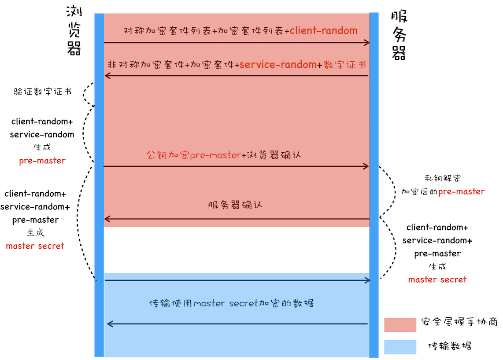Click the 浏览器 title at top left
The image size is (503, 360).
(x=74, y=31)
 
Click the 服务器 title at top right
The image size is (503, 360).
(x=399, y=35)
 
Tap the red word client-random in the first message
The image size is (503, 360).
(x=323, y=30)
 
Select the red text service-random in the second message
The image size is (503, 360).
(x=278, y=64)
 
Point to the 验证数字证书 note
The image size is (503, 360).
(x=42, y=92)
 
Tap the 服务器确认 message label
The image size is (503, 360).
(x=235, y=205)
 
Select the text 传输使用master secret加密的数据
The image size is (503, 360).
(x=231, y=303)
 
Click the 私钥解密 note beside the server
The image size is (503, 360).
(x=443, y=178)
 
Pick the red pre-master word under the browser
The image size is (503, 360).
(x=42, y=161)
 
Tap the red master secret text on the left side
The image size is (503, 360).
(x=35, y=246)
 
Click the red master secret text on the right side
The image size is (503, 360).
(x=437, y=279)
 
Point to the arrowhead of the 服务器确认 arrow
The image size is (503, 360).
(x=106, y=219)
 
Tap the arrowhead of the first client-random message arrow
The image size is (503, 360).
(x=367, y=43)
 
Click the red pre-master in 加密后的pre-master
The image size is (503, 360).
(x=461, y=191)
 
